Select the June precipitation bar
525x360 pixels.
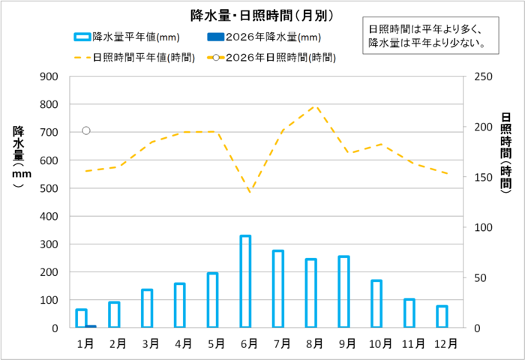[244, 281]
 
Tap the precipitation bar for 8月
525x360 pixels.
[310, 293]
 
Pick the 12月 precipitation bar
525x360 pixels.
[442, 316]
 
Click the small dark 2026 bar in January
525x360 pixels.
[91, 326]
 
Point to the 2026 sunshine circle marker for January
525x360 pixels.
[86, 130]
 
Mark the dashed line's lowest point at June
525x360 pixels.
[250, 192]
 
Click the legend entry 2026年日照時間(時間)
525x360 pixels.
[273, 57]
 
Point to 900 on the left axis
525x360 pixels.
[48, 76]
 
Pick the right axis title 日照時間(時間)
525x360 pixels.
[506, 150]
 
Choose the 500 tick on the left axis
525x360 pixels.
[48, 188]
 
